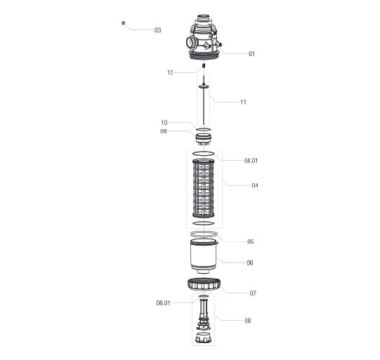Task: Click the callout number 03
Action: (x=157, y=30)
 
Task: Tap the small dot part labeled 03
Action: (x=123, y=23)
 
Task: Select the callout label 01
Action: (x=251, y=54)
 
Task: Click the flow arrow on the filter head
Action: (x=206, y=45)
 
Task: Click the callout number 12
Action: (x=170, y=72)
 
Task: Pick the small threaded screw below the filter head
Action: (x=204, y=65)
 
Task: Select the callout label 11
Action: (x=243, y=102)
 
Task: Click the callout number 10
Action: (x=164, y=123)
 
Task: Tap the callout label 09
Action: (x=164, y=131)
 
